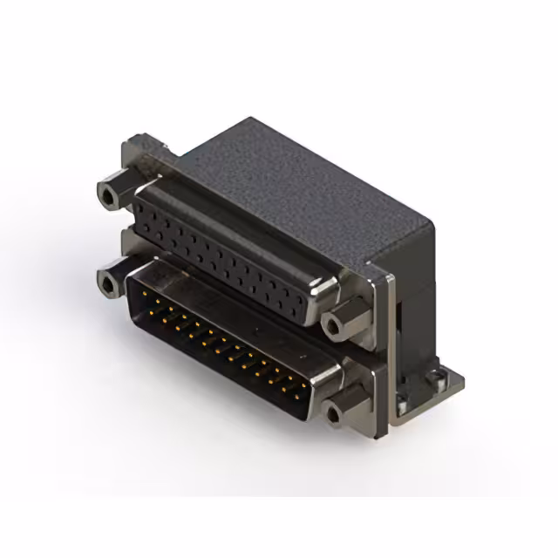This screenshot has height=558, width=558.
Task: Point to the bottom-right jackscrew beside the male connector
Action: (x=334, y=410)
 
